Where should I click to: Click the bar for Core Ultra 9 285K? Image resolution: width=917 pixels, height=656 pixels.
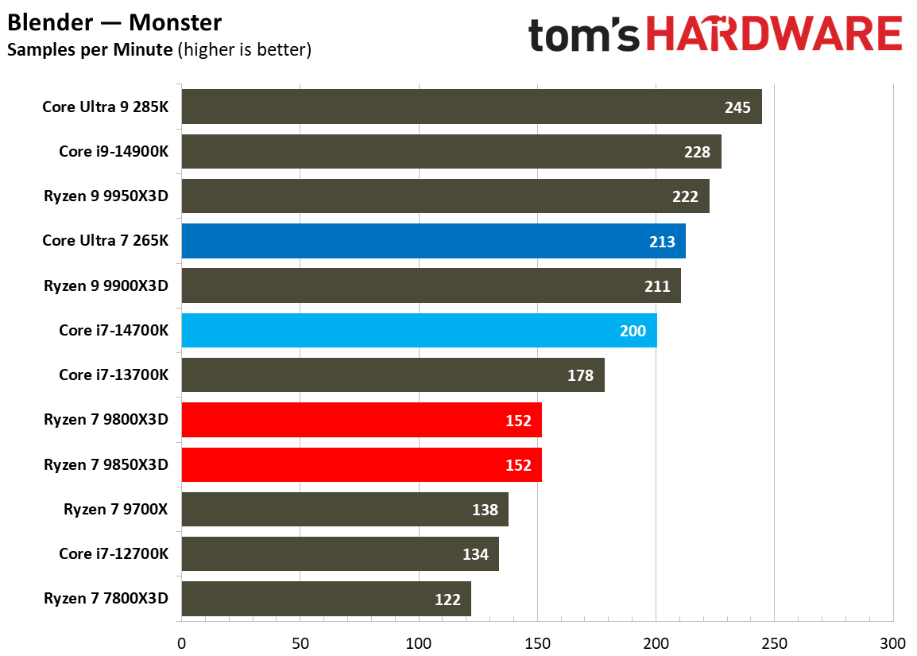pyautogui.click(x=471, y=107)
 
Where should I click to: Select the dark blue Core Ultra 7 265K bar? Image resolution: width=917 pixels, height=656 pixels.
pyautogui.click(x=433, y=241)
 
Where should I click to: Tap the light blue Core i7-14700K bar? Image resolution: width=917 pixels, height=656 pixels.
pyautogui.click(x=419, y=330)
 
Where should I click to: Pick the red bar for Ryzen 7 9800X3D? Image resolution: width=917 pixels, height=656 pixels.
pyautogui.click(x=362, y=420)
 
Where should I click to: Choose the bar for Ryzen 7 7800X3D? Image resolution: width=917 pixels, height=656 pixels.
pyautogui.click(x=326, y=599)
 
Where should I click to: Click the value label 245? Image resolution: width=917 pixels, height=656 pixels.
pyautogui.click(x=737, y=107)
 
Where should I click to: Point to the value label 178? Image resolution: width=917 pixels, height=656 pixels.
pyautogui.click(x=580, y=375)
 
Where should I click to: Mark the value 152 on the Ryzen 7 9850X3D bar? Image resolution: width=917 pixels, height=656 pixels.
pyautogui.click(x=518, y=465)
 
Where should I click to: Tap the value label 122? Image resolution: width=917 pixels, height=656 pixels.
pyautogui.click(x=447, y=600)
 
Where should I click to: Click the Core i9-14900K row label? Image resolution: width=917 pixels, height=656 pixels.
pyautogui.click(x=114, y=151)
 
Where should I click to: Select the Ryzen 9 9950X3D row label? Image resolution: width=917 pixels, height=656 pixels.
pyautogui.click(x=106, y=196)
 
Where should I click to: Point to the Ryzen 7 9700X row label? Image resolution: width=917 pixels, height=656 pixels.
pyautogui.click(x=116, y=509)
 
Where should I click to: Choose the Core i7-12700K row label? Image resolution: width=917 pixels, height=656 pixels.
pyautogui.click(x=114, y=553)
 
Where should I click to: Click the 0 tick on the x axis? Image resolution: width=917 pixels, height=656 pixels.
pyautogui.click(x=181, y=642)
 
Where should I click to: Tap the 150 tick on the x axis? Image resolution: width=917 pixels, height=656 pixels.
pyautogui.click(x=537, y=642)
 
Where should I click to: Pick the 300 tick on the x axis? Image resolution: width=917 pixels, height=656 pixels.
pyautogui.click(x=892, y=642)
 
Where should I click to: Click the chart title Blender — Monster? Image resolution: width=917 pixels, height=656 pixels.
pyautogui.click(x=115, y=22)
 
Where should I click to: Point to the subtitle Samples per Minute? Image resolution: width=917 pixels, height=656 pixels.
pyautogui.click(x=90, y=49)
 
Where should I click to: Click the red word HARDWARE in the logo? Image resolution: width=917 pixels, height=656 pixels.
pyautogui.click(x=773, y=36)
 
